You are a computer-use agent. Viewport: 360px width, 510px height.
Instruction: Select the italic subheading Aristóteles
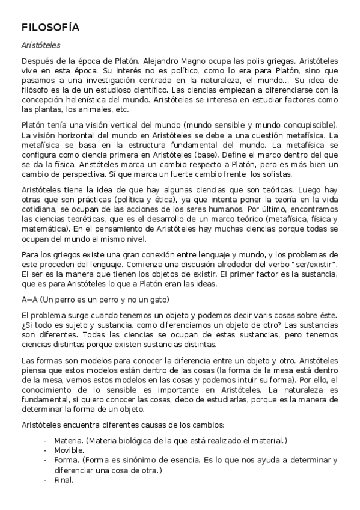[40, 45]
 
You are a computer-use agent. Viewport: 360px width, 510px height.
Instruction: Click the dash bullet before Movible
[45, 450]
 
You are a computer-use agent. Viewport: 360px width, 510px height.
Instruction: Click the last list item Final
[64, 480]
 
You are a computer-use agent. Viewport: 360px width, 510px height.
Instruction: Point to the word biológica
[130, 440]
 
